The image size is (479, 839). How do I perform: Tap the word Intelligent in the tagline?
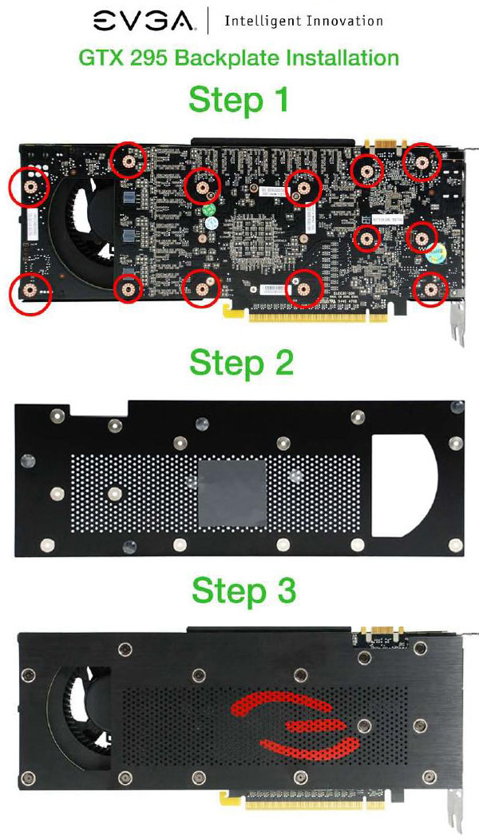[257, 21]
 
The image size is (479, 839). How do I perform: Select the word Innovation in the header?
[341, 21]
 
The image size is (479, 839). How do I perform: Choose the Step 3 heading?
[242, 591]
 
